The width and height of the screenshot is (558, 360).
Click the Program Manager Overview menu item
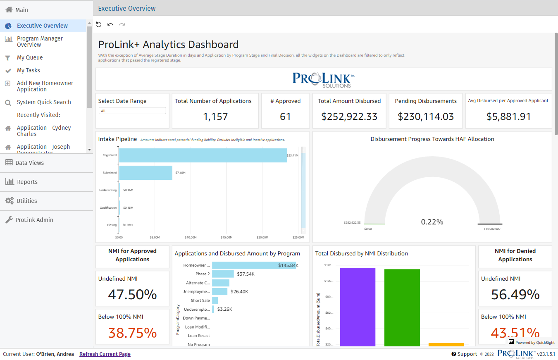click(x=40, y=41)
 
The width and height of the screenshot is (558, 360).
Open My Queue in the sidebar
click(x=30, y=57)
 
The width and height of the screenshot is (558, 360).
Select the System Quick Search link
click(x=44, y=102)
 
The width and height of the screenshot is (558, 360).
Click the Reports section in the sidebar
click(x=27, y=182)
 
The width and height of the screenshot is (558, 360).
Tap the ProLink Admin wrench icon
click(x=9, y=220)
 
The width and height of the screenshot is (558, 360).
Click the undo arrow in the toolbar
click(x=110, y=24)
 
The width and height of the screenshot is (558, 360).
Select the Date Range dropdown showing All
click(x=132, y=111)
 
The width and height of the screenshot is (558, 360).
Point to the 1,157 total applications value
click(x=215, y=117)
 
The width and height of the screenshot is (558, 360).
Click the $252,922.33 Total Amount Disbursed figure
click(x=349, y=117)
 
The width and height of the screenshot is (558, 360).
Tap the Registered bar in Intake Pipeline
click(x=203, y=155)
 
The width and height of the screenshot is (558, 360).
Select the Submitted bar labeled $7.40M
click(x=145, y=173)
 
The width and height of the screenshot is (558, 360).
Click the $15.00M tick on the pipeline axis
click(x=226, y=238)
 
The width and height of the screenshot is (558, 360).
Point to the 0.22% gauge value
click(x=432, y=222)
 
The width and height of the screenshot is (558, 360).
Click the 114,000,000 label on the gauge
click(x=492, y=229)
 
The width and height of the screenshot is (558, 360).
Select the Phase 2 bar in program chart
click(x=223, y=274)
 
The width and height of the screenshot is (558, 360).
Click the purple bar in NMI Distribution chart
click(x=358, y=306)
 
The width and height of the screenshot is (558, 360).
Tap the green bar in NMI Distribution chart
click(x=402, y=307)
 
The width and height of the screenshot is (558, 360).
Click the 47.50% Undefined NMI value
click(x=132, y=294)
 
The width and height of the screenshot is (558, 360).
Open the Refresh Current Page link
click(x=105, y=354)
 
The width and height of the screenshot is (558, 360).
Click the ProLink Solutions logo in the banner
click(x=324, y=79)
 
